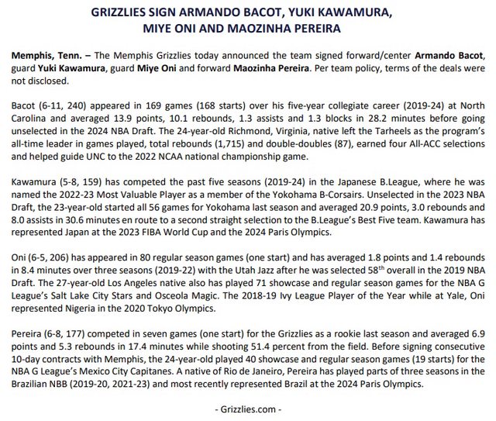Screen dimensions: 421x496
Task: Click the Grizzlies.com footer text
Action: (x=247, y=408)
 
